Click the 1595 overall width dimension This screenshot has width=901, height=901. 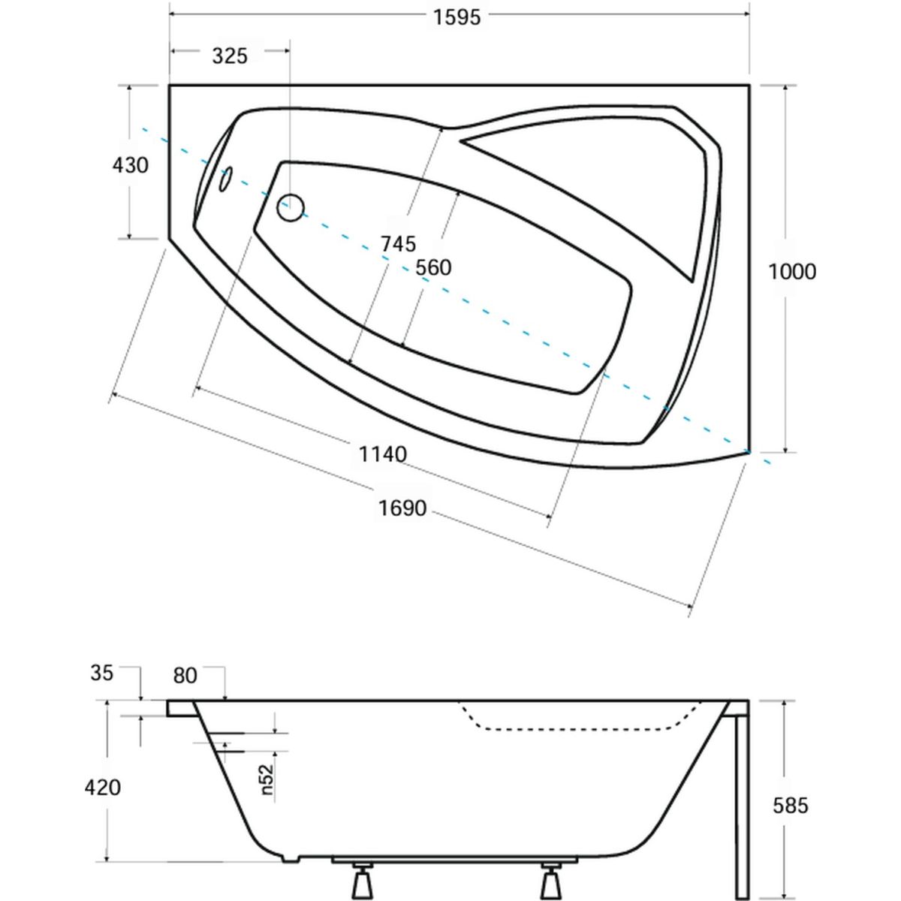click(457, 17)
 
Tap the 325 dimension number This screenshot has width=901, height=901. click(230, 56)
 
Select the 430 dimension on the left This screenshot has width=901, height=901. click(131, 165)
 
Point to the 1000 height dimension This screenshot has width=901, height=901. click(792, 271)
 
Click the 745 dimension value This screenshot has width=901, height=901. click(398, 243)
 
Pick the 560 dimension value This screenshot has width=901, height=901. click(433, 267)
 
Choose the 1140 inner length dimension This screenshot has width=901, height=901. click(382, 454)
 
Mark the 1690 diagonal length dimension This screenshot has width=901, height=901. click(402, 508)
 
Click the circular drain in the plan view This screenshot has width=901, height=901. click(291, 207)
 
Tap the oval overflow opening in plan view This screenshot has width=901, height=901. click(226, 179)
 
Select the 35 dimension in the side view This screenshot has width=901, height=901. click(102, 673)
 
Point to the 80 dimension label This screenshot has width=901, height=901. click(185, 675)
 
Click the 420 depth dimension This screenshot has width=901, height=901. click(102, 788)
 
